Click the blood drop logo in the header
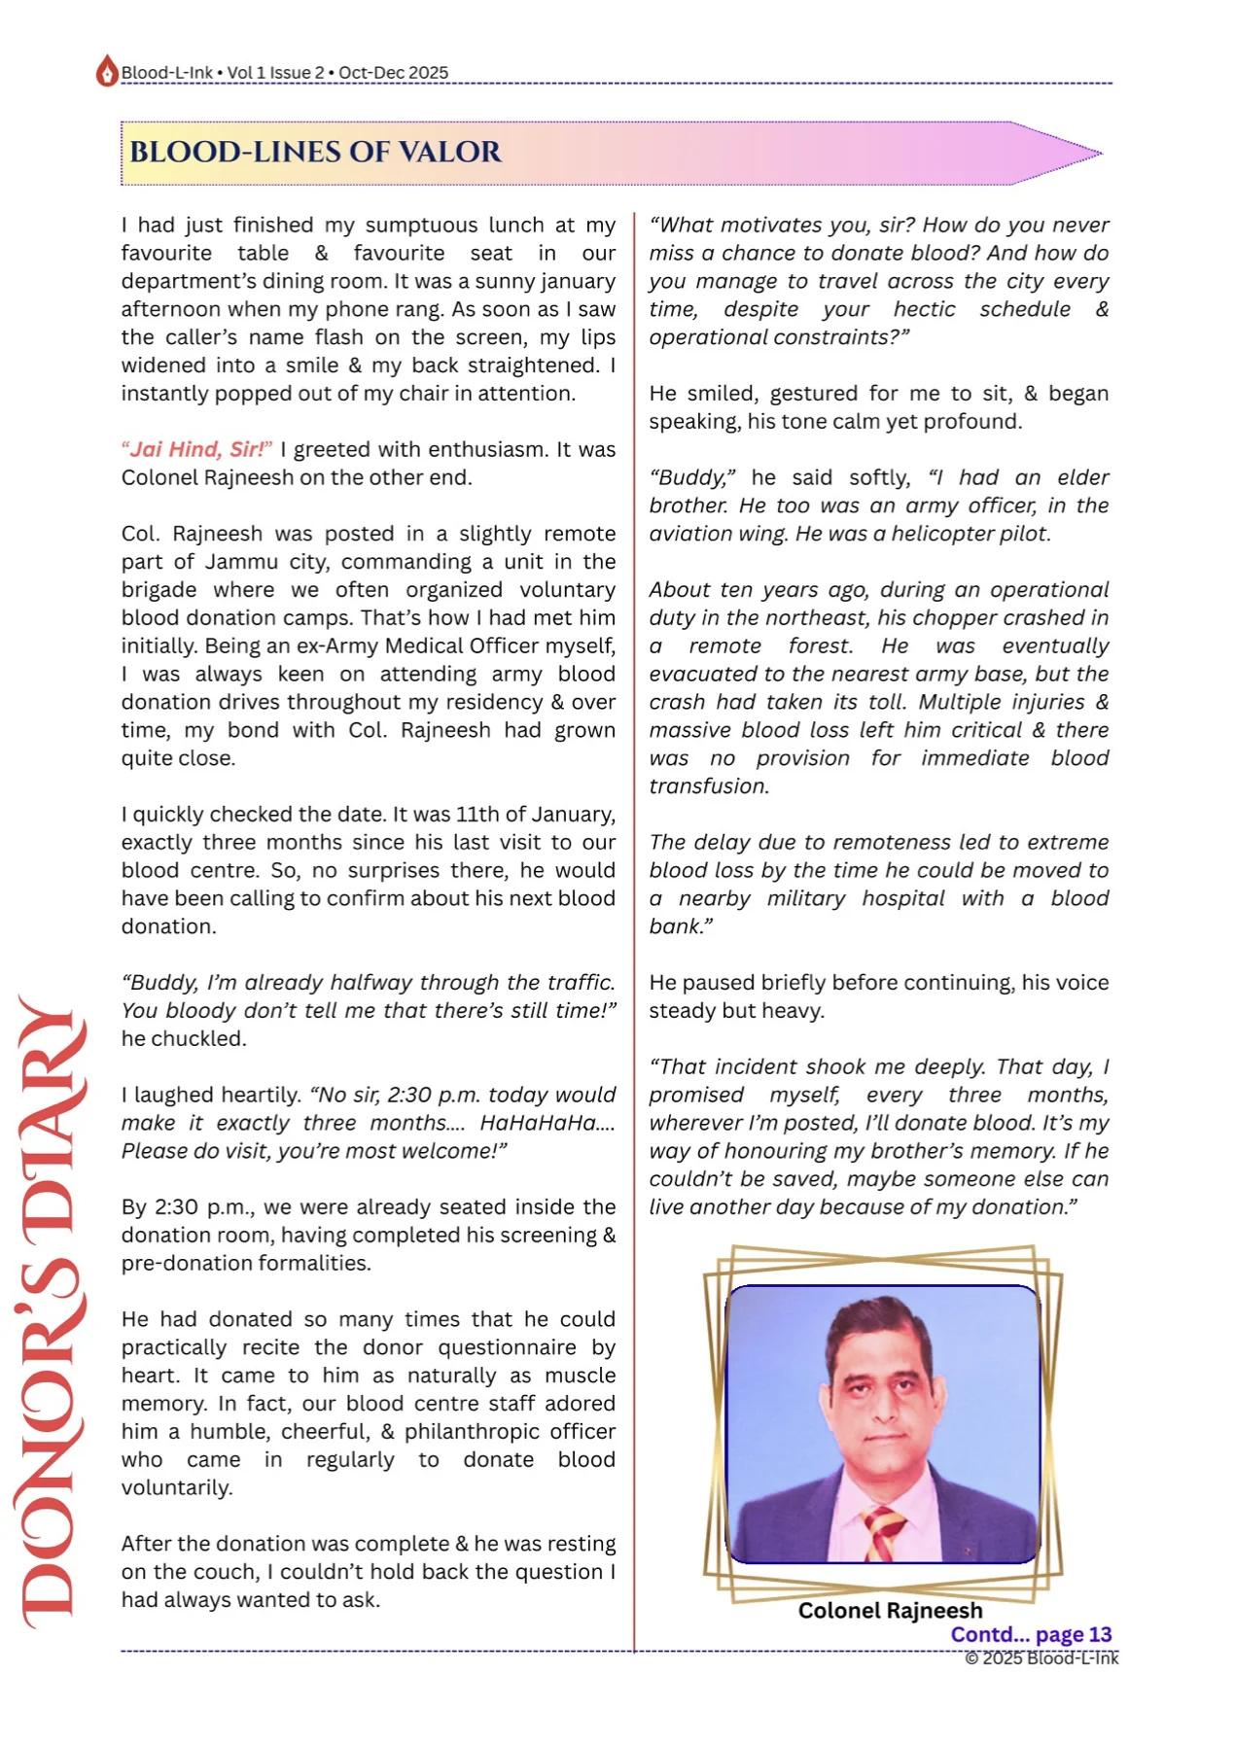click(106, 71)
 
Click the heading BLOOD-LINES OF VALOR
click(315, 152)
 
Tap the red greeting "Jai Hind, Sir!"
click(196, 449)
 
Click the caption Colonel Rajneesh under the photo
click(890, 1611)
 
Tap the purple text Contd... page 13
click(1031, 1635)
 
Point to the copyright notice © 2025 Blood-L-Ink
click(1041, 1658)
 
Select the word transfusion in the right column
click(709, 786)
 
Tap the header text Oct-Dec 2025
click(393, 73)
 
